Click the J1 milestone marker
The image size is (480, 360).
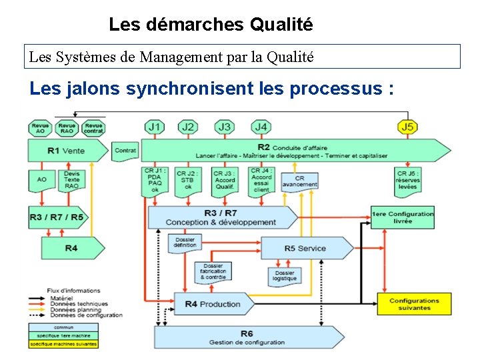tap(155, 127)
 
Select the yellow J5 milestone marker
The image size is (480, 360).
tap(407, 127)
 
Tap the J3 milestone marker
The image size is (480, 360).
tap(225, 127)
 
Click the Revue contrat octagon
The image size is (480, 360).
tap(93, 128)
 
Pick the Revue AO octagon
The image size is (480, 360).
tap(40, 128)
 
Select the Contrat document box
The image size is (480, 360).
tap(125, 151)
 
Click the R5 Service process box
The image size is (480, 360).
tap(306, 249)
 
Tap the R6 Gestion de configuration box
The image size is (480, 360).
tap(247, 337)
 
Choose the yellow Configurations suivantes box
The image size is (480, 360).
tap(414, 304)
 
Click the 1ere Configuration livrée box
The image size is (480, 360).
tap(403, 217)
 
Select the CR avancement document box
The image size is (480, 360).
tap(299, 181)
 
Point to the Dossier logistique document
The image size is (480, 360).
tap(285, 275)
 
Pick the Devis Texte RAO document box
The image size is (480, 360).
tap(71, 180)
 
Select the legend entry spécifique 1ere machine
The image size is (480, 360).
tap(63, 335)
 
